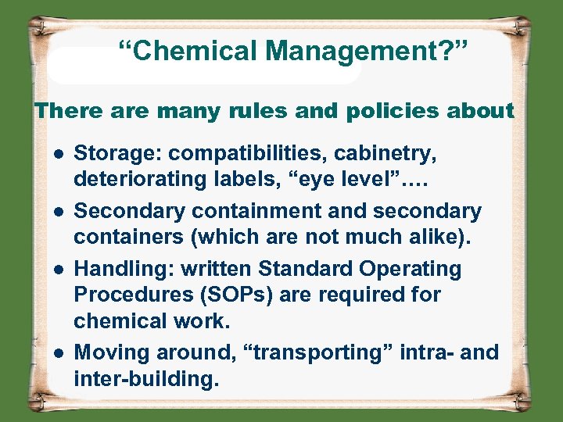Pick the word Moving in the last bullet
tap(110, 353)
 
